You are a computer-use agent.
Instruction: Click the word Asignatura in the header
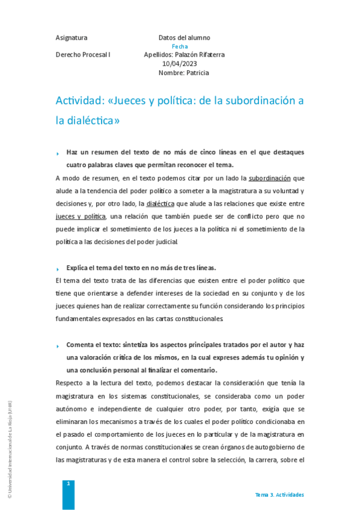pyautogui.click(x=71, y=37)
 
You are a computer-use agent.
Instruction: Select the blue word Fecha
pyautogui.click(x=180, y=46)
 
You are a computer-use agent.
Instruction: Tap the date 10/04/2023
pyautogui.click(x=180, y=64)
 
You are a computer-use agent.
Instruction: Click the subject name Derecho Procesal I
pyautogui.click(x=83, y=55)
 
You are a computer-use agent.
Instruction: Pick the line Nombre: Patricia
pyautogui.click(x=184, y=73)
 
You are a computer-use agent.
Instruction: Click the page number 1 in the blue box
pyautogui.click(x=69, y=484)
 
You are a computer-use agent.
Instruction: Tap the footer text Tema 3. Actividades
pyautogui.click(x=279, y=494)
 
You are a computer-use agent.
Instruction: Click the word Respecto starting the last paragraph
pyautogui.click(x=69, y=382)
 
